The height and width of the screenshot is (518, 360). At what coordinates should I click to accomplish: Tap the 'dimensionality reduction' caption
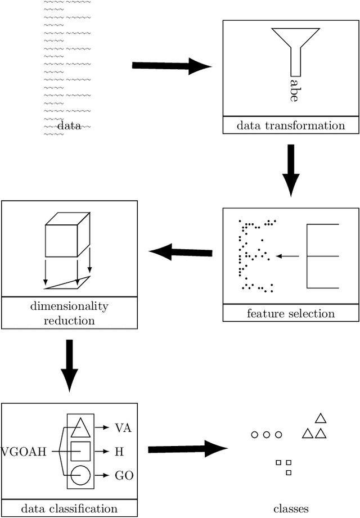coord(69,313)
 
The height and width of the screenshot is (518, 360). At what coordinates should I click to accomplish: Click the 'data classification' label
coord(69,508)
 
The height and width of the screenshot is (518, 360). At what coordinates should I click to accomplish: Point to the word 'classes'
coord(291,508)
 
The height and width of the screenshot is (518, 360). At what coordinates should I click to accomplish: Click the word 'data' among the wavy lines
coord(69,127)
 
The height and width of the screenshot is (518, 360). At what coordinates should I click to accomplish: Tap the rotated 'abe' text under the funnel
coord(294,89)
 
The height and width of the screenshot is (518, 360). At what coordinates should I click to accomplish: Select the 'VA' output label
coord(123,427)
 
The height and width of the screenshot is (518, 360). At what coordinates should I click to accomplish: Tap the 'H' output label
coord(119,451)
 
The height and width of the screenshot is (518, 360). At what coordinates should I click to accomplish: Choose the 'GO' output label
coord(124,475)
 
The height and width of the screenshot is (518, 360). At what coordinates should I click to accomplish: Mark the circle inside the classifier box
coord(80,475)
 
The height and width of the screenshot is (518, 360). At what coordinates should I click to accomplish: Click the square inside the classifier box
coord(80,451)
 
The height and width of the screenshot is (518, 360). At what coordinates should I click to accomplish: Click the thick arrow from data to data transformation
coord(172,66)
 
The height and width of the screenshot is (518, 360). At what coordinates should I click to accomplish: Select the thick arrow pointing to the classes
coord(187,449)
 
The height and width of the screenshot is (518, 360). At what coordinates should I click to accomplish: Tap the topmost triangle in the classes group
coord(321,418)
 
